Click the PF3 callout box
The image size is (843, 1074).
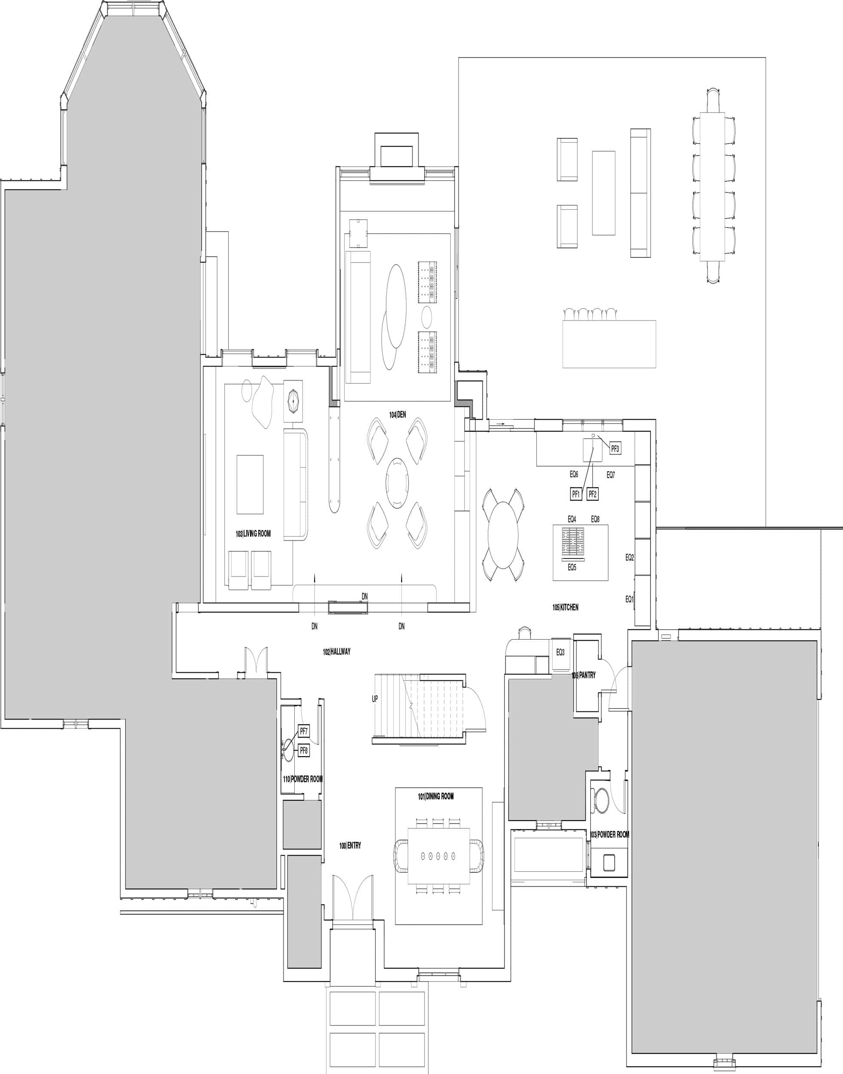[615, 449]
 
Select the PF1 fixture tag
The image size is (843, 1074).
[575, 494]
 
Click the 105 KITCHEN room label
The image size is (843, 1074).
[565, 607]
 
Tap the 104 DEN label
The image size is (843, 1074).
[397, 415]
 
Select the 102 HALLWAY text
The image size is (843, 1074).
[336, 652]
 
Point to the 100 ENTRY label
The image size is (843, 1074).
[350, 845]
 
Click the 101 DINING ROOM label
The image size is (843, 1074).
[436, 796]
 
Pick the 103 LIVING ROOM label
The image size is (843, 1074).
[253, 534]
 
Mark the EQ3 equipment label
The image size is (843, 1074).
[560, 653]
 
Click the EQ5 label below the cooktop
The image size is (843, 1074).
[571, 568]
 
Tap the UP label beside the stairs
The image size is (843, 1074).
[375, 699]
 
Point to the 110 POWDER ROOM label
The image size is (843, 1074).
[302, 779]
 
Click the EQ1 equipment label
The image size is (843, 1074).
[629, 599]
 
